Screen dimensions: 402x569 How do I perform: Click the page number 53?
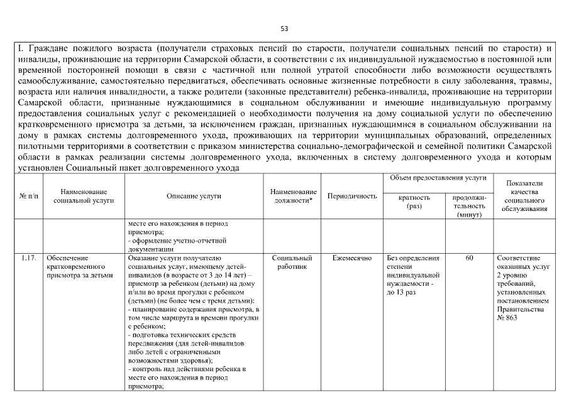284,28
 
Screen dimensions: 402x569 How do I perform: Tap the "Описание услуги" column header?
194,196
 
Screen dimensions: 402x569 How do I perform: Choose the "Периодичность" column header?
352,196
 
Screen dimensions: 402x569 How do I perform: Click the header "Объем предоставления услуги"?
439,178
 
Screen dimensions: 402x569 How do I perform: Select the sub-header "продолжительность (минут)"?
469,205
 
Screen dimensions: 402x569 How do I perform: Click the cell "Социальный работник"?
292,262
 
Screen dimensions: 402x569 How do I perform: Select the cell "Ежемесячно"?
352,258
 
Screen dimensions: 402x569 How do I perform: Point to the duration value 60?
469,258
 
